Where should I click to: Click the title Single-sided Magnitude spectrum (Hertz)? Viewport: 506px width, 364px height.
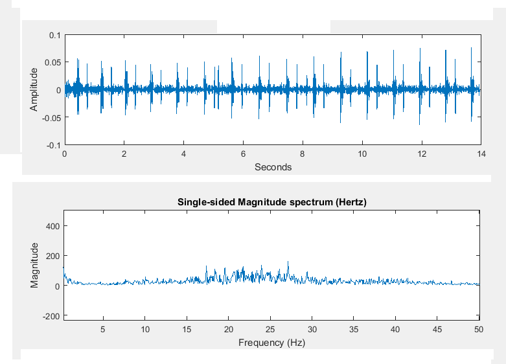tap(272, 203)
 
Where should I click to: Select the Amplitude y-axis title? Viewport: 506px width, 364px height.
tap(34, 90)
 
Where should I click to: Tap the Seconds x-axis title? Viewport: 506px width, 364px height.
tap(273, 167)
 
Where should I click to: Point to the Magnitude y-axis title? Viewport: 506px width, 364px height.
tap(34, 265)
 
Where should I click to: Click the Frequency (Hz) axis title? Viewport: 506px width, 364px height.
tap(271, 342)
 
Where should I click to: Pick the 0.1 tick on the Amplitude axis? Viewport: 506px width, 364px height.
tap(54, 35)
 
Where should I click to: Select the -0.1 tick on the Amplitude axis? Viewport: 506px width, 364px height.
tap(52, 146)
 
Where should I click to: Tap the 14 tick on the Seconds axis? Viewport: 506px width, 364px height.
tap(480, 155)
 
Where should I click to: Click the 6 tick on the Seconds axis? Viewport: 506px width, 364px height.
tap(243, 155)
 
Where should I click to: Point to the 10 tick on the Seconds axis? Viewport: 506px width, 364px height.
tap(362, 155)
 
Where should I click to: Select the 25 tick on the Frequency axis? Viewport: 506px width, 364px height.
tap(270, 329)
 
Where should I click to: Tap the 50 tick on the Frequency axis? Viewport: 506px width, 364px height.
tap(479, 329)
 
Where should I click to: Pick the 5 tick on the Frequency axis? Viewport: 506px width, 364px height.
tap(103, 329)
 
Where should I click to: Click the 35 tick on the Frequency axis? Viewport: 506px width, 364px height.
tap(354, 329)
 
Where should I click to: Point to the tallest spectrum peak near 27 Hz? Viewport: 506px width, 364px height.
tap(288, 262)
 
